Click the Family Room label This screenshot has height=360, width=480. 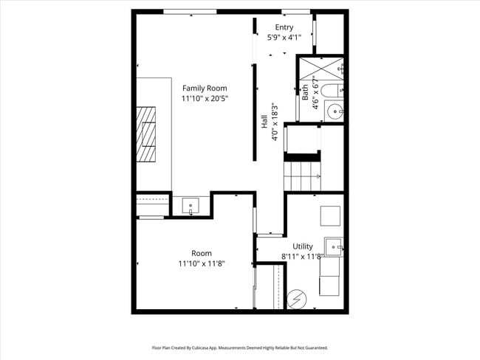[205, 88]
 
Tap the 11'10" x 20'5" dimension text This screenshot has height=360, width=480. [205, 98]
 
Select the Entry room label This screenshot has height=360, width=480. [284, 27]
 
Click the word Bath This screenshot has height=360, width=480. [305, 93]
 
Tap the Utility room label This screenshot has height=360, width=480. [303, 246]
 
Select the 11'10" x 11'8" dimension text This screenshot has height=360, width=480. [202, 263]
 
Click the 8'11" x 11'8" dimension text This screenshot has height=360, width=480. [302, 256]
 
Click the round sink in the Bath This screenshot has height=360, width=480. [336, 112]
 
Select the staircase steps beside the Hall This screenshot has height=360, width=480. [303, 176]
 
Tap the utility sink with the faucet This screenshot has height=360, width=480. [334, 246]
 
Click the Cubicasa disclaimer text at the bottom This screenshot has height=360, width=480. [239, 347]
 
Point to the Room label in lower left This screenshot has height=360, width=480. [202, 253]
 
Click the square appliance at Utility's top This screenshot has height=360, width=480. [330, 215]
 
